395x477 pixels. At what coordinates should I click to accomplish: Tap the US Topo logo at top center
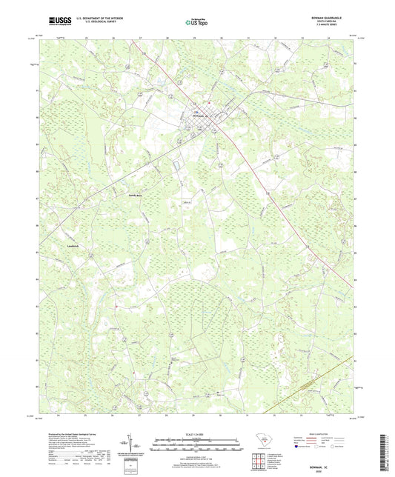click(196, 23)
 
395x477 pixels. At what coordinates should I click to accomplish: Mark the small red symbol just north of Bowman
click(210, 101)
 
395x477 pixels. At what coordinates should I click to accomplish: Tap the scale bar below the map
click(196, 447)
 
